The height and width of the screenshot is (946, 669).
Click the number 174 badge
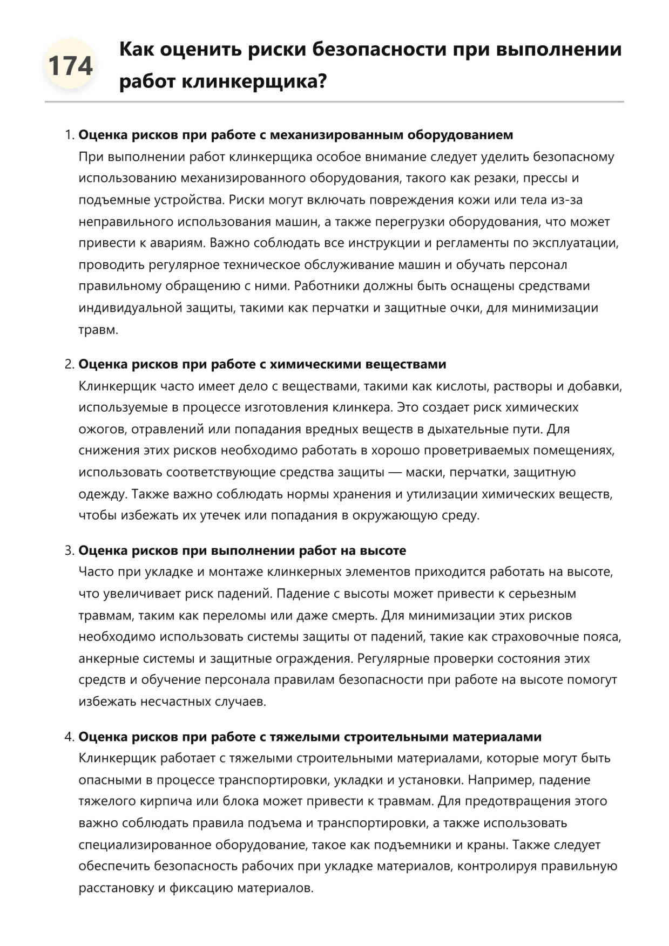point(70,66)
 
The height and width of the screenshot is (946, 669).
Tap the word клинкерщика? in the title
point(254,81)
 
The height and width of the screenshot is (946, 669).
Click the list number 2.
point(69,364)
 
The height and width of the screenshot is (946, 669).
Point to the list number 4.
point(69,737)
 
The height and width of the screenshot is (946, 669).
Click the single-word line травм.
point(98,330)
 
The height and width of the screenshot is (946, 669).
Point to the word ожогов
point(101,430)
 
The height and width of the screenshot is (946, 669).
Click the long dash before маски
point(395,473)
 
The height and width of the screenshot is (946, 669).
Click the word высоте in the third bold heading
point(379,550)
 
